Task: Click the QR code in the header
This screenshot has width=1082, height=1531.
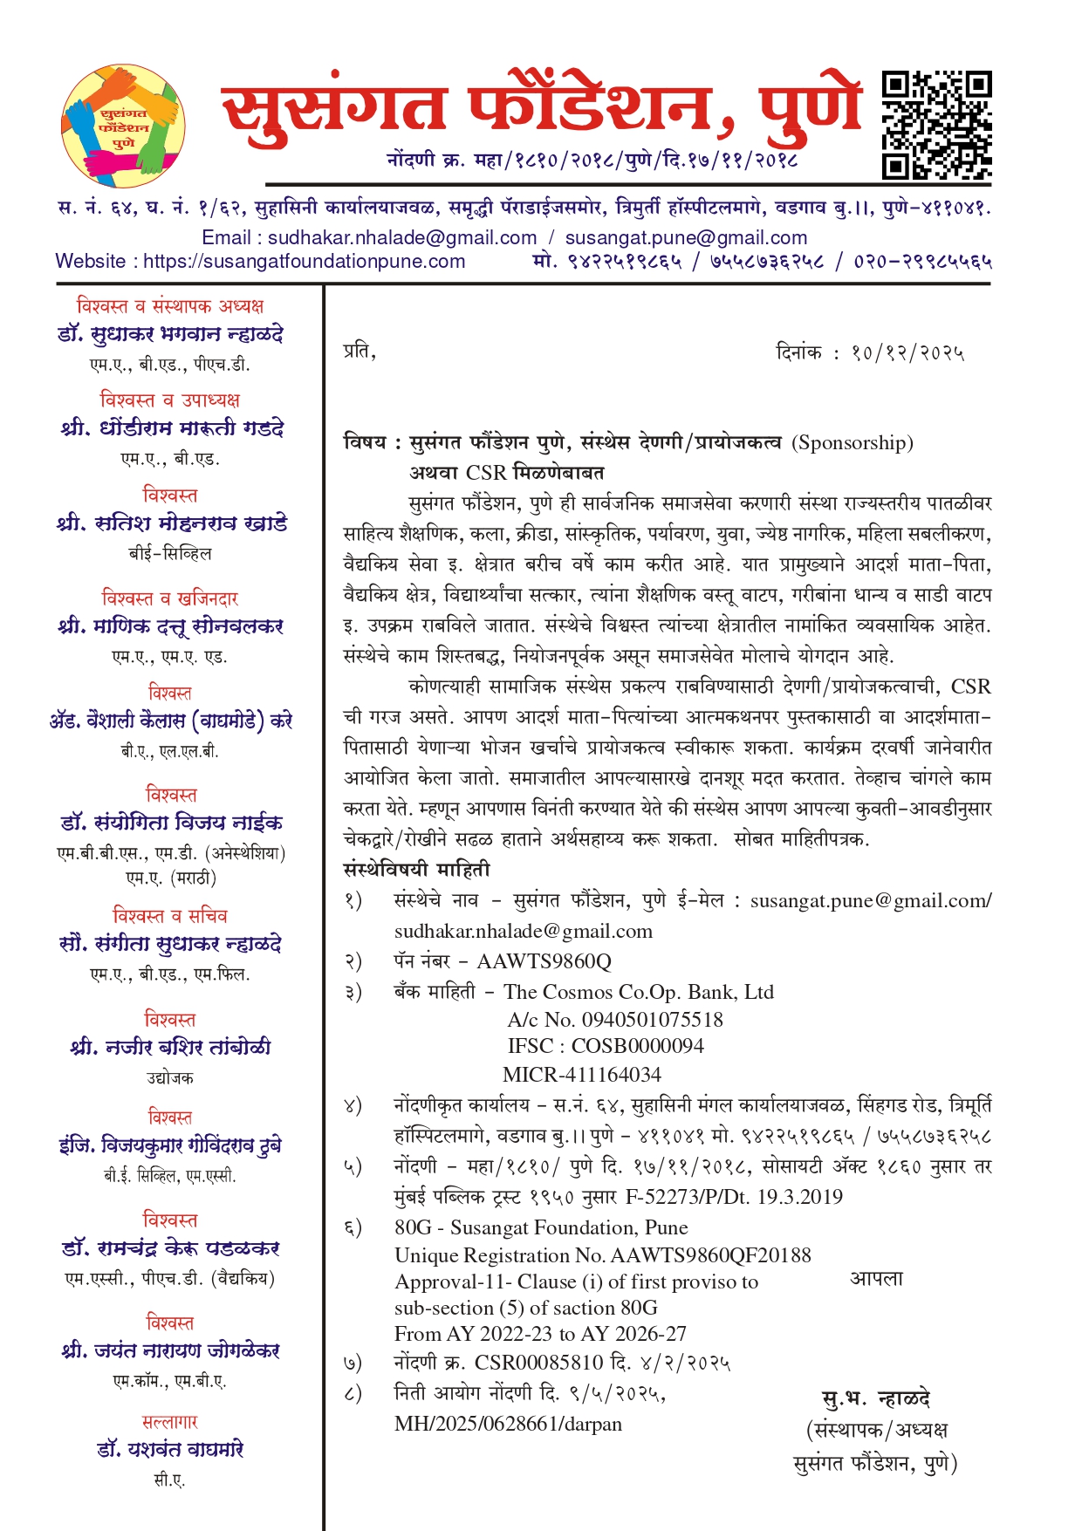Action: coord(936,126)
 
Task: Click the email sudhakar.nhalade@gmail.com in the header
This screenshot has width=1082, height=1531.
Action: coord(402,238)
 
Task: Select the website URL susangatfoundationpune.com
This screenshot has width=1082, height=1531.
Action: coord(304,262)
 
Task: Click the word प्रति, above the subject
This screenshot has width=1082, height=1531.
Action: coord(359,352)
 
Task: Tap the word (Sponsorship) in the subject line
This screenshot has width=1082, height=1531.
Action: coord(852,443)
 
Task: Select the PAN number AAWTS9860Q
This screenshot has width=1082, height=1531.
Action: coord(544,961)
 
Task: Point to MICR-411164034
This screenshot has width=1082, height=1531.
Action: coord(582,1075)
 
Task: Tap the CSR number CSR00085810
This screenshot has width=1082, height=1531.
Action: coord(538,1363)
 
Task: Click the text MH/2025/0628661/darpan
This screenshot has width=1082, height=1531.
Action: coord(508,1424)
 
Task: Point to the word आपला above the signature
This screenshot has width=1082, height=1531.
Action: coord(876,1279)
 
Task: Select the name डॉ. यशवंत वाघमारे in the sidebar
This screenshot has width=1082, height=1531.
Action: coord(170,1450)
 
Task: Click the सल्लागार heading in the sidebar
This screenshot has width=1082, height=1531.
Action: coord(170,1422)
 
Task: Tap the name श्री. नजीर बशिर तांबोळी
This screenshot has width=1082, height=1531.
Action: coord(170,1047)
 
